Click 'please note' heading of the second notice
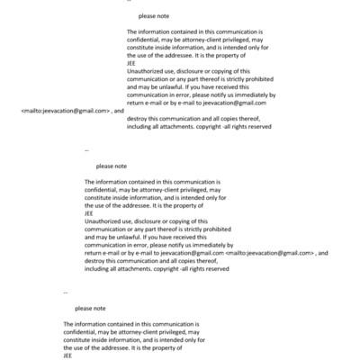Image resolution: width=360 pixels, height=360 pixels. pyautogui.click(x=112, y=166)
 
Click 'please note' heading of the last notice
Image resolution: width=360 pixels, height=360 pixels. pyautogui.click(x=90, y=309)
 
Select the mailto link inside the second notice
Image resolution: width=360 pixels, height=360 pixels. pyautogui.click(x=270, y=254)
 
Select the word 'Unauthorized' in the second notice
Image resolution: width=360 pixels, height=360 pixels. pyautogui.click(x=104, y=220)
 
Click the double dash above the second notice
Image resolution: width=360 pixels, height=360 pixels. pyautogui.click(x=85, y=148)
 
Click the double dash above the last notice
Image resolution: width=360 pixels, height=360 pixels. pyautogui.click(x=66, y=292)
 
